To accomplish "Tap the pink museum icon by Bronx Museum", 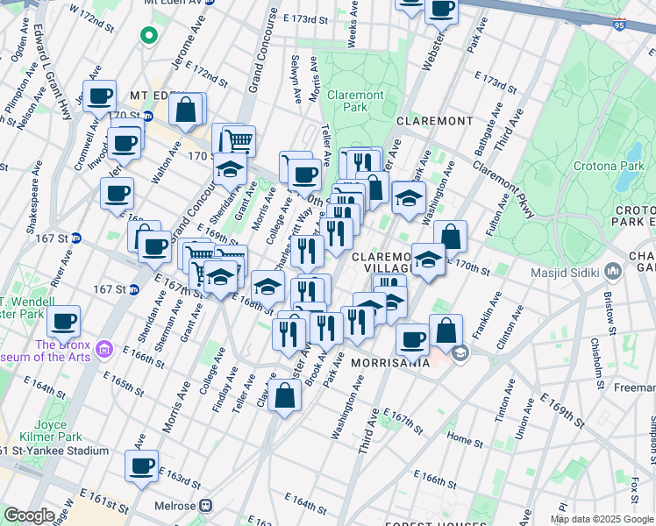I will click(104, 350).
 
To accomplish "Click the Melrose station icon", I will click(205, 505).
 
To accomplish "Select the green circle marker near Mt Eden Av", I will click(148, 36).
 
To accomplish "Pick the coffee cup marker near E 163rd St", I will click(141, 466).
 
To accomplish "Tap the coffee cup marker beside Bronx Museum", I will click(63, 321).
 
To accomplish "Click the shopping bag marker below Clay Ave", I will click(286, 396).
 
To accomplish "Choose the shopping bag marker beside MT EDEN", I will click(186, 110).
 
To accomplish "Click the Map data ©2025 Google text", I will click(600, 518).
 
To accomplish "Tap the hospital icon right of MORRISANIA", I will click(461, 352).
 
